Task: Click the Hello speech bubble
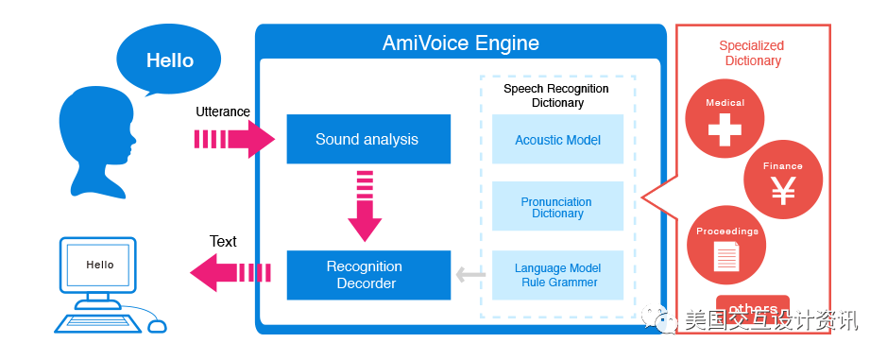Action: coord(168,60)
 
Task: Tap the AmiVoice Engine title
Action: coord(460,43)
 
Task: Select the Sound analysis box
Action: coord(368,139)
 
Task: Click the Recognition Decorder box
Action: coord(368,275)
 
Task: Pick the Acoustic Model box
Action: coord(557,139)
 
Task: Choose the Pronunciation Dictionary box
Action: coord(557,207)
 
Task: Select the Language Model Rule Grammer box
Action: coord(557,275)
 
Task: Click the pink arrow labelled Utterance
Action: coord(234,139)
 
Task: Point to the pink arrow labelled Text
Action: coord(230,273)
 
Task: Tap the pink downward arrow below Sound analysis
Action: coord(365,206)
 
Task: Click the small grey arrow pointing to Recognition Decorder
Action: coord(470,275)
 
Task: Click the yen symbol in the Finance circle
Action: coord(783,190)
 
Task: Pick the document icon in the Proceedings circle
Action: coord(726,256)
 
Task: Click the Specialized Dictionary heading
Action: coord(752,53)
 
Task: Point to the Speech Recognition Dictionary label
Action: coord(557,95)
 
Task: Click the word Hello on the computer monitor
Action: coord(100,265)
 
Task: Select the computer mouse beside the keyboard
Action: coord(157,326)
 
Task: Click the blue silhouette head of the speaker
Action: coord(96,144)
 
